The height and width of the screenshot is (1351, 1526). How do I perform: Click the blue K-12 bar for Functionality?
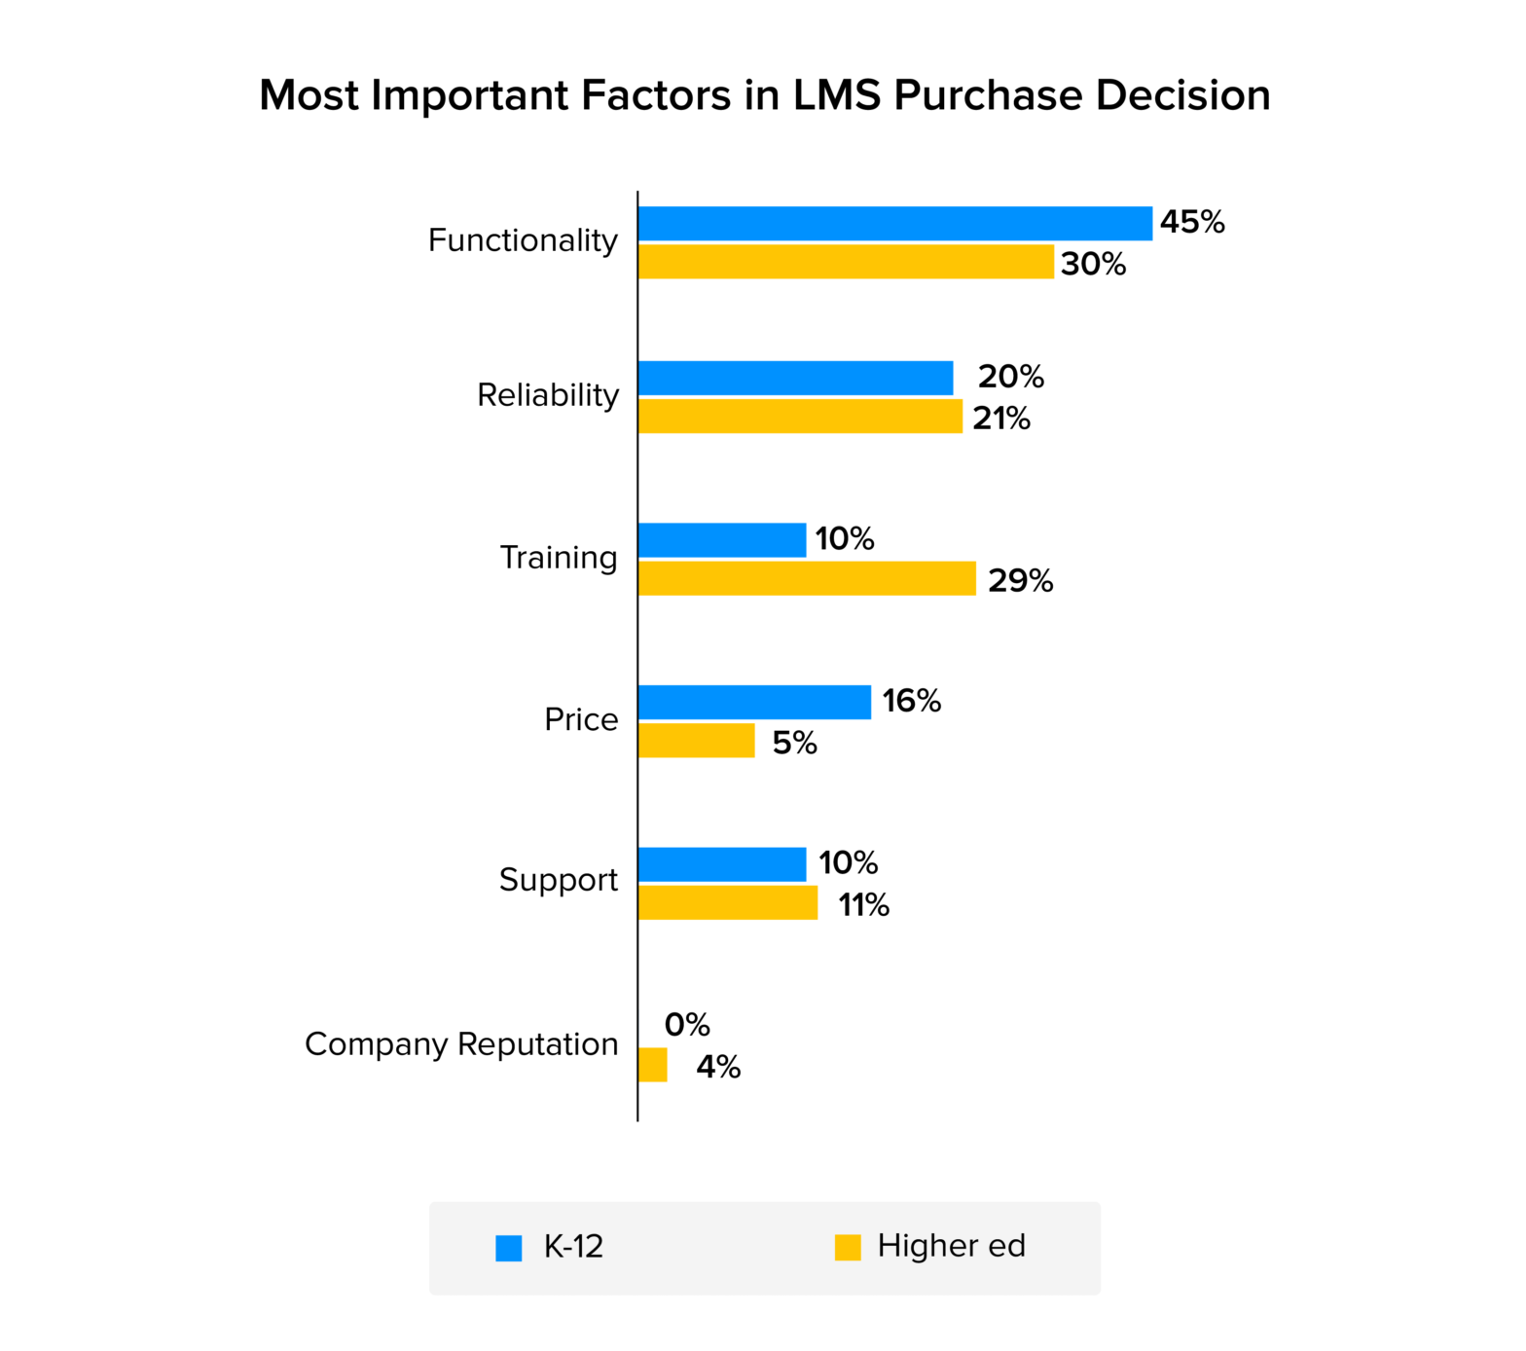point(894,223)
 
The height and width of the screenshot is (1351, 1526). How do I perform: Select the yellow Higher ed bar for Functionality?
point(846,262)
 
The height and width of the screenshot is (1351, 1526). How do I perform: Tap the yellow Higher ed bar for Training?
point(807,578)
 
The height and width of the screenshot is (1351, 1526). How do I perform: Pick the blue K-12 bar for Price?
point(754,702)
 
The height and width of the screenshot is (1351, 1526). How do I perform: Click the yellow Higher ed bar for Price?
point(696,741)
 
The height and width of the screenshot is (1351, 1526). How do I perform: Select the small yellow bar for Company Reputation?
point(653,1065)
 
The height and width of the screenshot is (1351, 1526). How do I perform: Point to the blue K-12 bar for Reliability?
point(795,378)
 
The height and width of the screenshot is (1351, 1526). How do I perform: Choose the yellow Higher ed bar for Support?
point(728,903)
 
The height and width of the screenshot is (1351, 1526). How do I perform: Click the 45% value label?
point(1191,222)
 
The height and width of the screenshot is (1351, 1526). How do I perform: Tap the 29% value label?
point(1020,581)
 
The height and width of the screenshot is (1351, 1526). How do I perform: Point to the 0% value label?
point(687,1025)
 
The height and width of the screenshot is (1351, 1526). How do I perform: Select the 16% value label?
point(911,701)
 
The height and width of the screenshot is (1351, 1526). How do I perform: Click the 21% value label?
point(1000,419)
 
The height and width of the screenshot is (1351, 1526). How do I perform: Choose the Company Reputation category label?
point(461,1044)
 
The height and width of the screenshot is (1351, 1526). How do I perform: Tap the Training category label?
point(559,558)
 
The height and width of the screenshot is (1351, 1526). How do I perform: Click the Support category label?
point(558,880)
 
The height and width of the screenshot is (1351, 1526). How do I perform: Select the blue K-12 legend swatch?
point(509,1248)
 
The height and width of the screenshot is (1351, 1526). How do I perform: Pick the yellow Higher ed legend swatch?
point(848,1248)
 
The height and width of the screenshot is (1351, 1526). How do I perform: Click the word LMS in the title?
point(837,95)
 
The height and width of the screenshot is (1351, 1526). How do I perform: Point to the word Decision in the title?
point(1182,95)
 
